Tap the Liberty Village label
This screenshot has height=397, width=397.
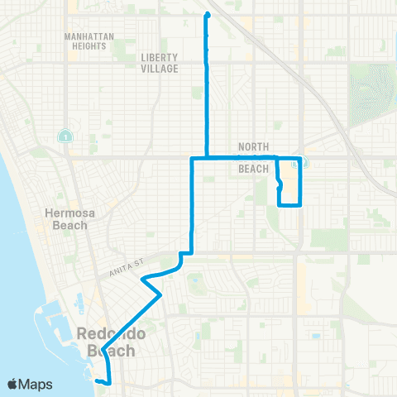tap(160, 63)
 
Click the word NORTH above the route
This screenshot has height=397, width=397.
tap(253, 146)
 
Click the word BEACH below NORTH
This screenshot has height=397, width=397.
tap(253, 169)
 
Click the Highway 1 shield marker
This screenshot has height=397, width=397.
tap(64, 136)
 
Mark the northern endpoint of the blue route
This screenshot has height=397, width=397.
tap(207, 15)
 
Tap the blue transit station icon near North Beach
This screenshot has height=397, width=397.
tap(301, 162)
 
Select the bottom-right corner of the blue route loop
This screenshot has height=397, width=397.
tap(299, 204)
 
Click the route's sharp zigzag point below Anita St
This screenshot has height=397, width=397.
tap(161, 294)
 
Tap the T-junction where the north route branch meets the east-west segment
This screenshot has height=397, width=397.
tap(207, 157)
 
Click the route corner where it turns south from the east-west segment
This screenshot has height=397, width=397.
tap(193, 158)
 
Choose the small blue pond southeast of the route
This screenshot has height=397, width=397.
tap(314, 337)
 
